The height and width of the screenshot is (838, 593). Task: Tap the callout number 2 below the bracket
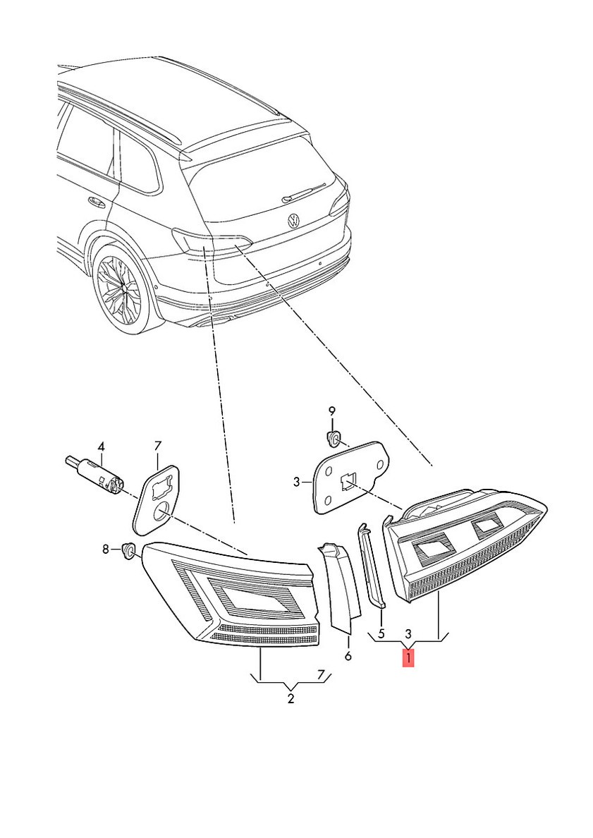point(291,699)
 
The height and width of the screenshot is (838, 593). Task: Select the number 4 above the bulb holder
point(101,447)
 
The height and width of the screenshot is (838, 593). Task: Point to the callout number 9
point(332,411)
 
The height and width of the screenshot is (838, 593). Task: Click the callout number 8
point(106,549)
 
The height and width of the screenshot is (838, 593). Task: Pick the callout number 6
point(348,656)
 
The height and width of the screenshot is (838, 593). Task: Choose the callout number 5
point(381,633)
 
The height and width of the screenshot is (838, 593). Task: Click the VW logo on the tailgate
point(293,220)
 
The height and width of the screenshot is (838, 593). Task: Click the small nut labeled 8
point(128,549)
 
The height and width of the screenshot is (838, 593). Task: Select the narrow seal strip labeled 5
point(372,564)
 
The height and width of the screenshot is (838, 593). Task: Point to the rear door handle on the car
point(94,202)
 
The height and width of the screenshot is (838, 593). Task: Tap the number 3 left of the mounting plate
point(297,482)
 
